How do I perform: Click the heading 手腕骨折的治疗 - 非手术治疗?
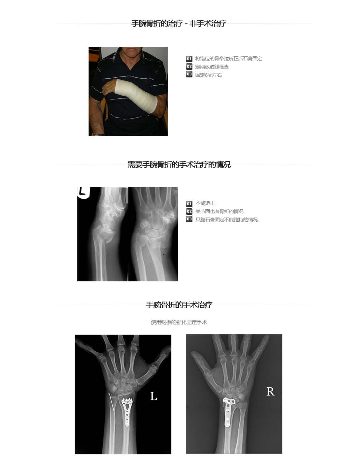coord(179,23)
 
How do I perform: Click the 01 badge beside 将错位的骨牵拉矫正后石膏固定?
coord(189,59)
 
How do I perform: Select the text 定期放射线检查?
coord(212,67)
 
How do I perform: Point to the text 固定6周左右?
coord(209,75)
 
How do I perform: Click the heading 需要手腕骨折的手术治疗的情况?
coord(179,164)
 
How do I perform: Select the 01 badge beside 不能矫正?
coord(189,204)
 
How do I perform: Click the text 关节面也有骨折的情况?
coord(219,212)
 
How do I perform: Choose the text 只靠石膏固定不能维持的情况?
coord(227,220)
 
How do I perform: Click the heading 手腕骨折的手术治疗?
coord(179,305)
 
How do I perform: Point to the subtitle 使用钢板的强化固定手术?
coord(179,322)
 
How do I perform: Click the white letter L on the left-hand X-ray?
coord(154,396)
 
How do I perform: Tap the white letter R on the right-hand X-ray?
coord(270,391)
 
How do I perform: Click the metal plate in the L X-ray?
coord(127,411)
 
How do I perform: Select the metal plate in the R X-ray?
coord(228,412)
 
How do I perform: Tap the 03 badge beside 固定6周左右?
coord(189,74)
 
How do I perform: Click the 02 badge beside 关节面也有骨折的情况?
coord(189,212)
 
